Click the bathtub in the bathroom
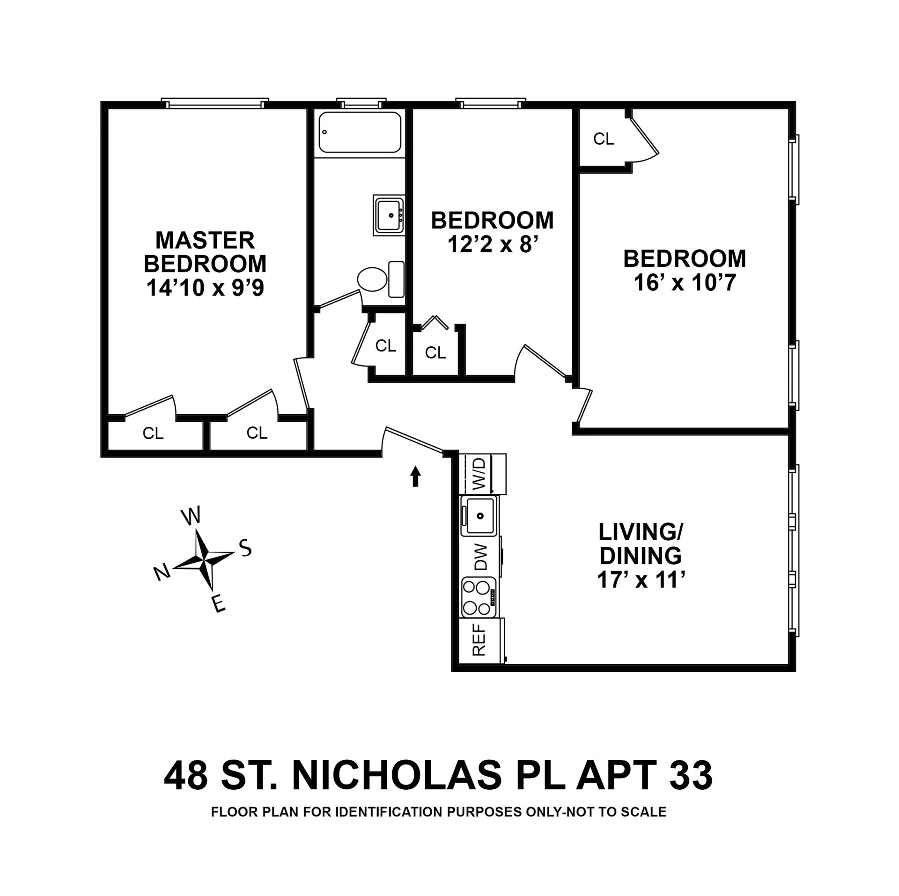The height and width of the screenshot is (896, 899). point(360,132)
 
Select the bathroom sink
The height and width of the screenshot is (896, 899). point(389,215)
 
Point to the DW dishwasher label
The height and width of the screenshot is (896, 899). point(481,557)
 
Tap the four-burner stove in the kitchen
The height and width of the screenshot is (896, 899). point(479,597)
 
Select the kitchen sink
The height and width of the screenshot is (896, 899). point(479,516)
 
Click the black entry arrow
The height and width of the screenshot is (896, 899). point(415,477)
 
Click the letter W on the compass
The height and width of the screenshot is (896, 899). point(191,515)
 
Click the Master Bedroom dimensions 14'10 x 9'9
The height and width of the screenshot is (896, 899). point(205,288)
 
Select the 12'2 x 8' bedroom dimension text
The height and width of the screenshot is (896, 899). point(492,244)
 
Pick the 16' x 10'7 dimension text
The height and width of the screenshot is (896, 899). point(684,282)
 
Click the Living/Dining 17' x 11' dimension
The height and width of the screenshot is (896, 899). point(641,580)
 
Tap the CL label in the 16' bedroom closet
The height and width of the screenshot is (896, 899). point(604,139)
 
